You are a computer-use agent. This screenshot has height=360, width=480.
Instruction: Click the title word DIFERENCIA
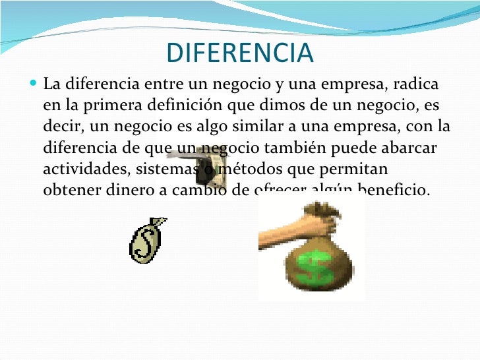pyautogui.click(x=240, y=53)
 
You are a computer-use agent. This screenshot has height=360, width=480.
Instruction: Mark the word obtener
pyautogui.click(x=69, y=190)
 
